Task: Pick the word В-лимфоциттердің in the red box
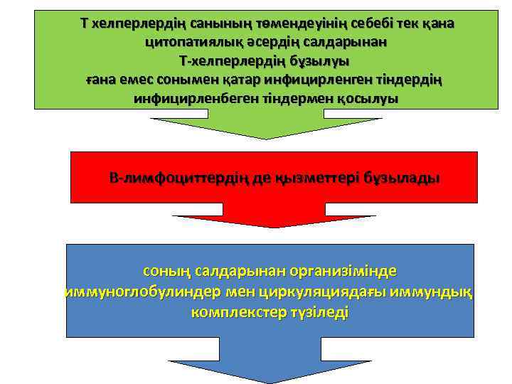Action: coord(176,178)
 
